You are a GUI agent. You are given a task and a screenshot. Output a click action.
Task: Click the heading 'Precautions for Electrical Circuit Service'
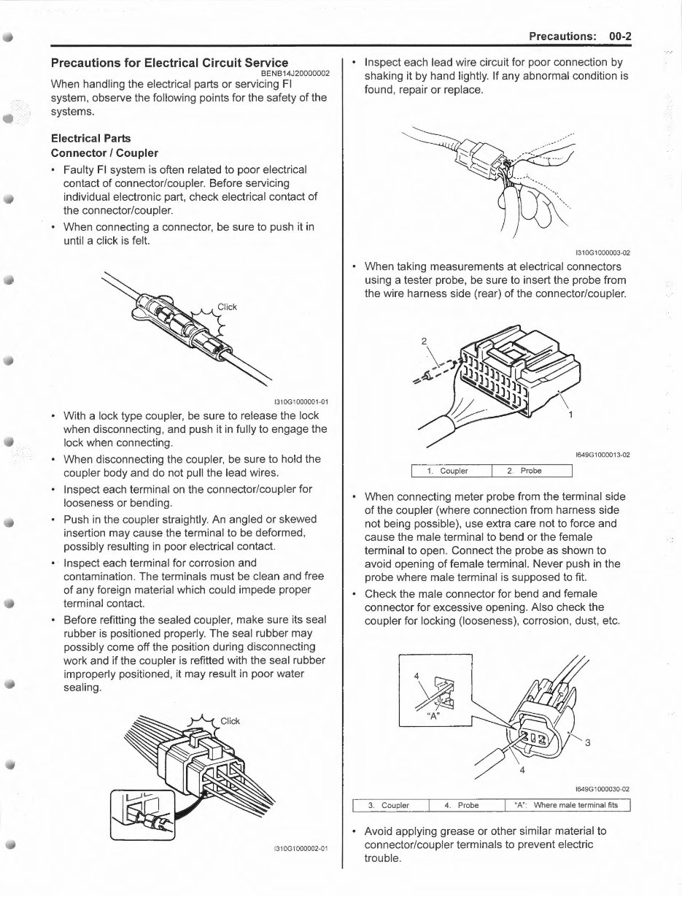[x=168, y=63]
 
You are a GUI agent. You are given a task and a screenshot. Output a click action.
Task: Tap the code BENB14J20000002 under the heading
[x=290, y=74]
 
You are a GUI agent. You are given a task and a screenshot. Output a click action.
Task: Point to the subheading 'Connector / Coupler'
[x=104, y=153]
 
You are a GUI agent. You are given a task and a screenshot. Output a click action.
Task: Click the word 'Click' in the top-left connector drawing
[x=227, y=307]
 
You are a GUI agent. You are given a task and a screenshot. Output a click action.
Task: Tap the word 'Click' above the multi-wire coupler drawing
[x=230, y=721]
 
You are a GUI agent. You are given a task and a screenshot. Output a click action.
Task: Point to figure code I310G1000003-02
[x=602, y=253]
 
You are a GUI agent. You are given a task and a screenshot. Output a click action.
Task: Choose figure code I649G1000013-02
[x=602, y=455]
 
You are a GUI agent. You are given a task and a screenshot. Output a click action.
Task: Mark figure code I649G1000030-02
[x=602, y=789]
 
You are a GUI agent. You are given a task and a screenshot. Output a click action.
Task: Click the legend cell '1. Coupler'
[x=452, y=471]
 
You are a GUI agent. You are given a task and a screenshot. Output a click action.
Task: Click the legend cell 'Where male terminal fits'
[x=566, y=806]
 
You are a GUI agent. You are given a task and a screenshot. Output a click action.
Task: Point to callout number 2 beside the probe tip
[x=424, y=340]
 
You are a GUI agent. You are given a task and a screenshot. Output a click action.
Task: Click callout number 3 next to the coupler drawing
[x=587, y=744]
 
